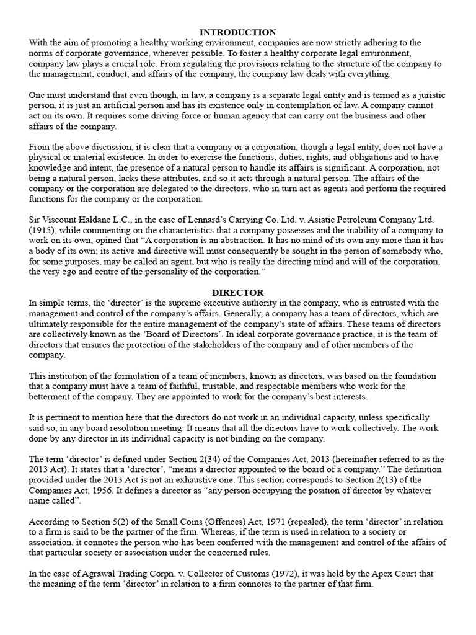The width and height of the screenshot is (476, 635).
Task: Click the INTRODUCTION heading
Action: click(238, 32)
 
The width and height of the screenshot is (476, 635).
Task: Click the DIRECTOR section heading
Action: click(238, 292)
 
